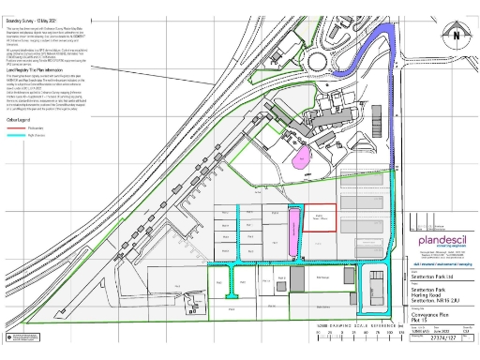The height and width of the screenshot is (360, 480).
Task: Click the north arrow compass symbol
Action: click(x=457, y=34)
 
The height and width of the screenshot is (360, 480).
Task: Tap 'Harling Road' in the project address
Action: click(x=431, y=295)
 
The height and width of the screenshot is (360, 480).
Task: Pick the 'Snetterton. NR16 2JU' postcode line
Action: click(x=437, y=302)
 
